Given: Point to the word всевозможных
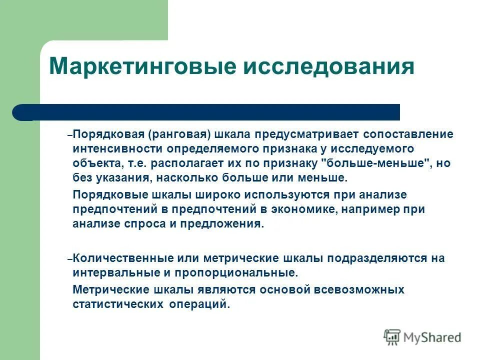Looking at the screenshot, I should click(x=354, y=289).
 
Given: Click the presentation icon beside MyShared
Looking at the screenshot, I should click(x=392, y=337).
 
